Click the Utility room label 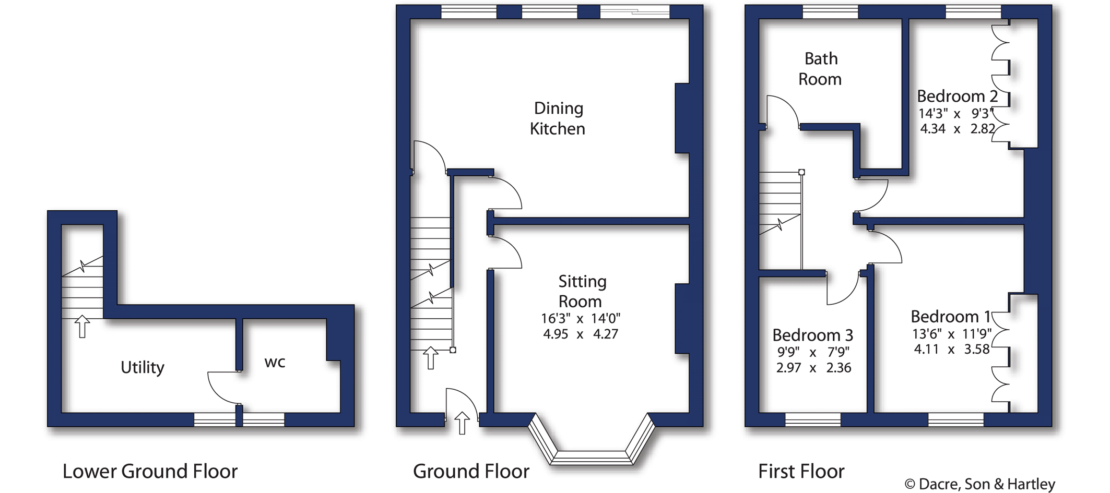143,367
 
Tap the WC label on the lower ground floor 275,363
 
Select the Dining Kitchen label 558,118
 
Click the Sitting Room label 582,291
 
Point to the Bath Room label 820,69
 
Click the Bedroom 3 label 813,335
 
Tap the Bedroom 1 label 951,317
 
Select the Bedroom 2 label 958,97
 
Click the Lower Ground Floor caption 150,472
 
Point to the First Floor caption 801,472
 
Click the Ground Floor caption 471,472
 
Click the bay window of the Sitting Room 592,458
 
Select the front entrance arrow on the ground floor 462,423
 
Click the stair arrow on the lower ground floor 82,327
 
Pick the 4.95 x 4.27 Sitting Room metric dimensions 581,334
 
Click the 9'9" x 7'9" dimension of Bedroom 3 813,352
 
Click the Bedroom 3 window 813,420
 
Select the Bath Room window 830,12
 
